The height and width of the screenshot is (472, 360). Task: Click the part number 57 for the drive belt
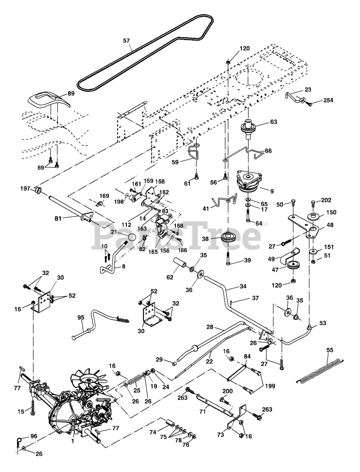click(126, 41)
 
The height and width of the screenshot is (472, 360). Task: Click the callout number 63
click(273, 122)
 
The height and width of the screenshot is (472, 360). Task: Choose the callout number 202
click(326, 200)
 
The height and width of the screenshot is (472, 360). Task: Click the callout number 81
click(58, 218)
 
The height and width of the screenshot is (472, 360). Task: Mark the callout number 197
click(25, 189)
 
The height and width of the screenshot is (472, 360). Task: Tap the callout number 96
click(34, 436)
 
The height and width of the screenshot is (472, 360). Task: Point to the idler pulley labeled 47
click(294, 266)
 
